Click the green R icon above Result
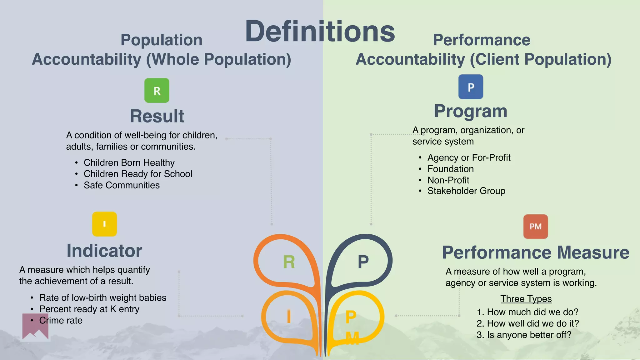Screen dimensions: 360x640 pyautogui.click(x=157, y=91)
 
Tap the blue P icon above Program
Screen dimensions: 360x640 pyautogui.click(x=471, y=87)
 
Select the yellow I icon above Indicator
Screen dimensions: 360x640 pyautogui.click(x=104, y=224)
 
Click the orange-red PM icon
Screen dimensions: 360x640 pyautogui.click(x=536, y=227)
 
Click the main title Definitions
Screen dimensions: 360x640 pyautogui.click(x=320, y=31)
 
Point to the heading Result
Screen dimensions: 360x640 pyautogui.click(x=157, y=116)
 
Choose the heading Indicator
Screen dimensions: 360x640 pyautogui.click(x=104, y=251)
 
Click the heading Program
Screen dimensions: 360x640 pyautogui.click(x=471, y=111)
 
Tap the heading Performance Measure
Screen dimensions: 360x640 pyautogui.click(x=536, y=252)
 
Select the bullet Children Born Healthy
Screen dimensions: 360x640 pyautogui.click(x=129, y=162)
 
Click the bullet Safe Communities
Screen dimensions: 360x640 pyautogui.click(x=122, y=185)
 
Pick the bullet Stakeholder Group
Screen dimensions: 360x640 pyautogui.click(x=466, y=191)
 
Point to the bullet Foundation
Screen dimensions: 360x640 pyautogui.click(x=451, y=169)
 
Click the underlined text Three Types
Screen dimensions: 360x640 pyautogui.click(x=526, y=299)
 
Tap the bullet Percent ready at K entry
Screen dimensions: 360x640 pyautogui.click(x=89, y=309)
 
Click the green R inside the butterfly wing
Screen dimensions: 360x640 pyautogui.click(x=289, y=262)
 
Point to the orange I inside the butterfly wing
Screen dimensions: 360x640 pyautogui.click(x=289, y=317)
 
